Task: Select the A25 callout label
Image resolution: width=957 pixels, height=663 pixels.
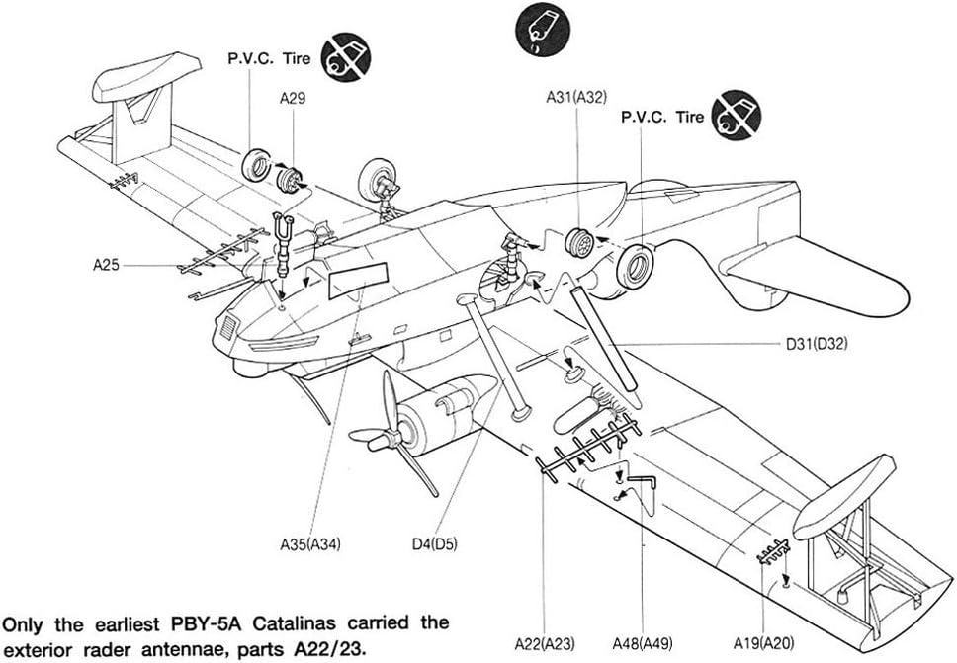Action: click(x=107, y=265)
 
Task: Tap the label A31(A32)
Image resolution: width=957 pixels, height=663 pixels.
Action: click(x=576, y=97)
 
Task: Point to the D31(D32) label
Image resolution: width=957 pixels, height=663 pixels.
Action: click(x=818, y=344)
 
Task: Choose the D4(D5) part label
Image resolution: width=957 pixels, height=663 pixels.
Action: click(x=435, y=542)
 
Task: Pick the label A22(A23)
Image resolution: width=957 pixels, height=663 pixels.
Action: click(x=546, y=644)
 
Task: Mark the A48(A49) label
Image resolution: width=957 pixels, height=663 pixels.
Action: click(x=643, y=644)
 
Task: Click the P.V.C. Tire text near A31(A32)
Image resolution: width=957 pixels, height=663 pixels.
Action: click(x=662, y=117)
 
